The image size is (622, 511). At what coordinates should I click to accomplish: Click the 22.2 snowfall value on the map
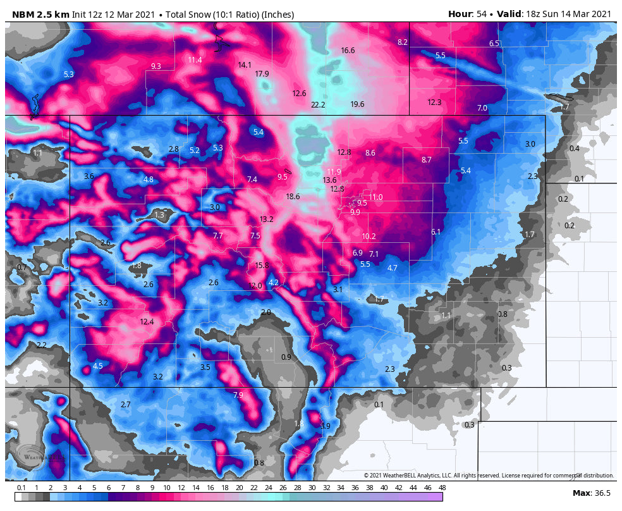(x=318, y=105)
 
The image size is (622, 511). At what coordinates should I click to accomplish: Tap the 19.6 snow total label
(x=357, y=104)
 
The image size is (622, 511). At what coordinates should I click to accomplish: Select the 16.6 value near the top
(x=348, y=51)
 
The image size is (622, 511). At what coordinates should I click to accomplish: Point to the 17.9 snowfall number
(x=262, y=74)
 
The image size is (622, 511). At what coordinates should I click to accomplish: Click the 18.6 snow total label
(x=293, y=197)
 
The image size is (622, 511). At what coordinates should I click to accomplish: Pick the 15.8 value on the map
(x=262, y=266)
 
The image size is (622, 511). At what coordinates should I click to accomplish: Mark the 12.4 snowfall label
(x=147, y=322)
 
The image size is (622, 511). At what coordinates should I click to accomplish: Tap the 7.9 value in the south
(x=238, y=395)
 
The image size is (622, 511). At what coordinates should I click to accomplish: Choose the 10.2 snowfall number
(x=369, y=237)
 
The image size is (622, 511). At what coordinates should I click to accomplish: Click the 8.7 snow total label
(x=426, y=160)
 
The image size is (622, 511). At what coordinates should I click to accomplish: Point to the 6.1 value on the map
(x=436, y=232)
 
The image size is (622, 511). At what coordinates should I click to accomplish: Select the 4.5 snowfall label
(x=97, y=366)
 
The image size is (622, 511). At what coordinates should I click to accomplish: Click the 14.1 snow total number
(x=245, y=65)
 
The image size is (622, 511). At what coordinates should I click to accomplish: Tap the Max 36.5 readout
(x=591, y=493)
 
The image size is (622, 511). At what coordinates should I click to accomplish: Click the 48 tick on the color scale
(x=442, y=488)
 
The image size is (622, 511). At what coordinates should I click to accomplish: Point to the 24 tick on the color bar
(x=268, y=488)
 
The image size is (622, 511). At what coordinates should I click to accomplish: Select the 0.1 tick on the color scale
(x=21, y=488)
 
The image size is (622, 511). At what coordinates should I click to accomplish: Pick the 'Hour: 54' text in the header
(x=467, y=14)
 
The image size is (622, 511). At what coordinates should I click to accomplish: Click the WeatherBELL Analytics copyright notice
(x=488, y=476)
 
